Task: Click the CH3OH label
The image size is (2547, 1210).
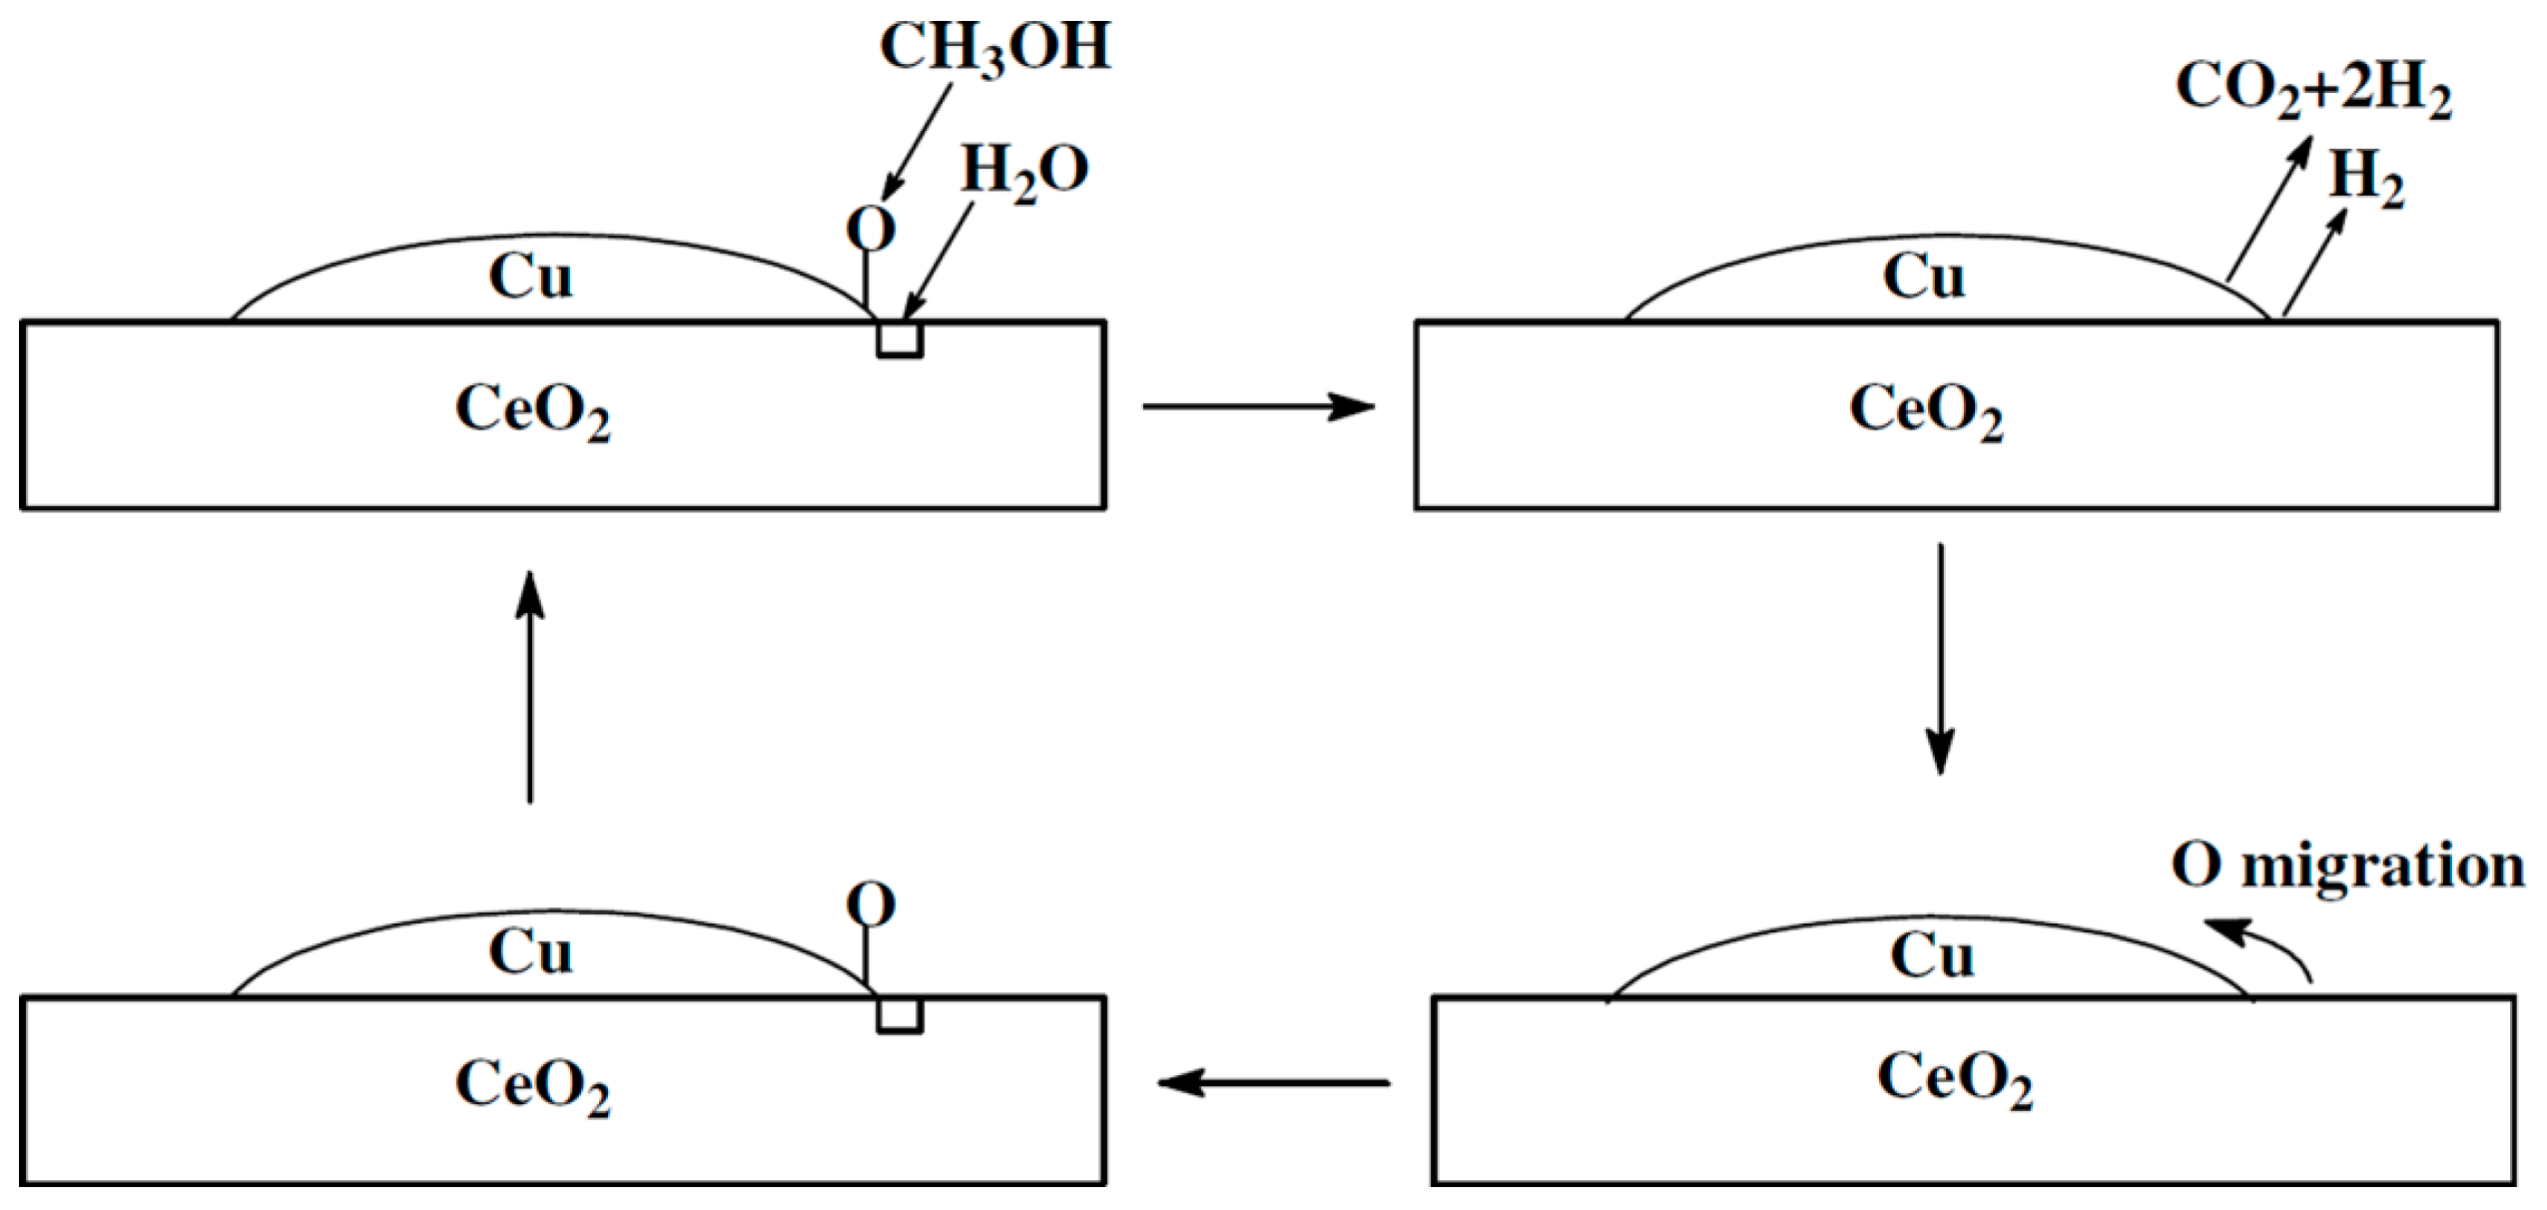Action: point(993,48)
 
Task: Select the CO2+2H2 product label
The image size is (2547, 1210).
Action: point(2312,90)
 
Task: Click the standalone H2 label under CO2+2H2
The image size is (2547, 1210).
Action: point(2366,182)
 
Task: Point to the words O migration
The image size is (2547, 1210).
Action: point(2347,867)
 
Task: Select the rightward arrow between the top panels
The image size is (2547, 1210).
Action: point(1258,406)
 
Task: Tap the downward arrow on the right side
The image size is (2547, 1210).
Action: point(1940,659)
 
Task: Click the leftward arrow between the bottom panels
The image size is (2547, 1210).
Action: point(1273,1082)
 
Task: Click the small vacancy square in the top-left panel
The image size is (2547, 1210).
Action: point(899,338)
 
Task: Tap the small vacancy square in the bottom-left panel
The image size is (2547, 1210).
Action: point(899,1014)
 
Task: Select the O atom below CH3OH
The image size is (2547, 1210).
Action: point(871,229)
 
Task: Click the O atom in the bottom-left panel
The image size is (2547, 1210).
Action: point(871,906)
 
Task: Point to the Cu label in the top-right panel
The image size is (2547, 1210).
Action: point(1923,277)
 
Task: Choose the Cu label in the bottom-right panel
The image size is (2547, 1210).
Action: point(1931,955)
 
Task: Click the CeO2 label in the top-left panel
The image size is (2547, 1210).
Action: point(532,410)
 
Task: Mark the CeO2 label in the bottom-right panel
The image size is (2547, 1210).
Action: point(1954,1080)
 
